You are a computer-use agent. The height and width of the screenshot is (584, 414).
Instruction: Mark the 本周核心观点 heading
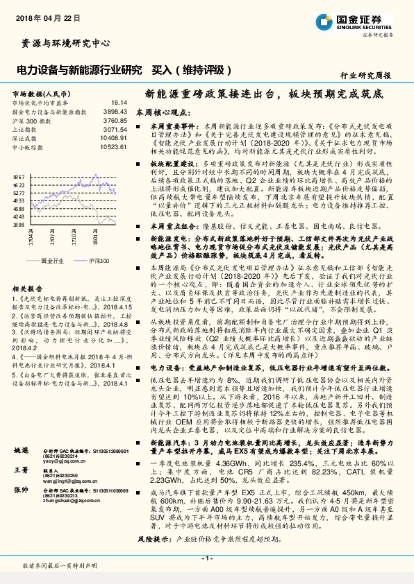(x=161, y=112)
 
